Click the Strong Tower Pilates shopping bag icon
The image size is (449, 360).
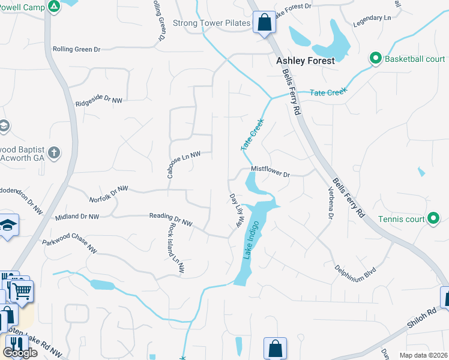pyautogui.click(x=264, y=23)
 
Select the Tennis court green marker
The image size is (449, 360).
pyautogui.click(x=433, y=219)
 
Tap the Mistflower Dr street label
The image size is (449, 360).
pyautogui.click(x=270, y=172)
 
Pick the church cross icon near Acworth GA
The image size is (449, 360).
pyautogui.click(x=54, y=152)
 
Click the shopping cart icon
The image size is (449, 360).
pyautogui.click(x=22, y=292)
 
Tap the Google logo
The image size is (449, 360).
pyautogui.click(x=20, y=352)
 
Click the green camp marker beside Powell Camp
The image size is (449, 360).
pyautogui.click(x=53, y=7)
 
